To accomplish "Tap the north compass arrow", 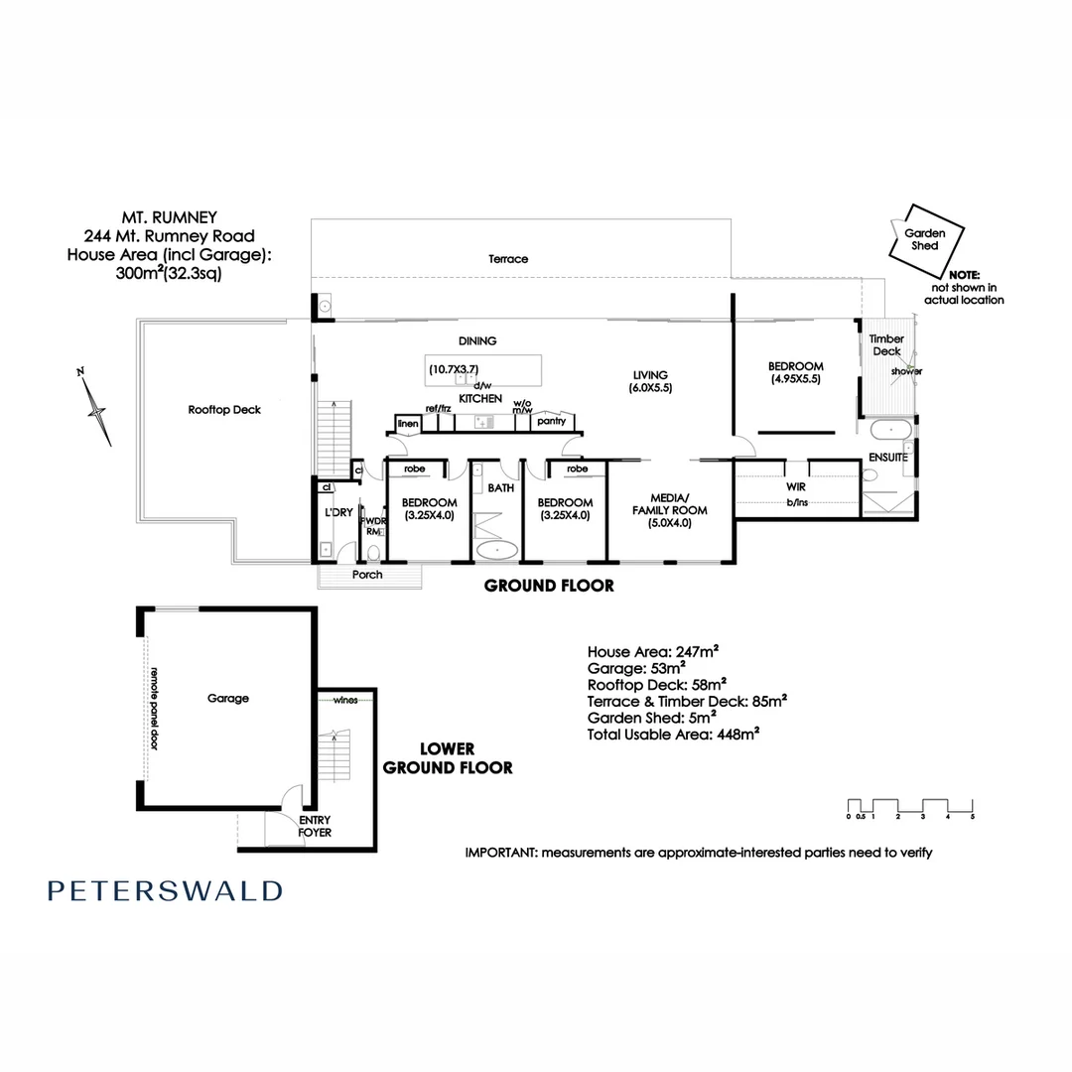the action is [96, 407].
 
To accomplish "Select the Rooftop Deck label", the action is [224, 409].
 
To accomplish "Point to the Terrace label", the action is [508, 259].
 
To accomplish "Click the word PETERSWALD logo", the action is [165, 890].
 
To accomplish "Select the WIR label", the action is [796, 488].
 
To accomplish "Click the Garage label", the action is [228, 698].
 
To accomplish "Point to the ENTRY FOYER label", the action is [315, 826].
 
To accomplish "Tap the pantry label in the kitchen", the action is [551, 421].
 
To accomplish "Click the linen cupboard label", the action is [408, 424].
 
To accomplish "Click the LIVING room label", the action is [652, 374].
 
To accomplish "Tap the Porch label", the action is [367, 575].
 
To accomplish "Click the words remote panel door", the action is [154, 709].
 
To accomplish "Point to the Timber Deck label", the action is [886, 344].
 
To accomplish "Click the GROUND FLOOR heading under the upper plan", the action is [549, 586].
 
